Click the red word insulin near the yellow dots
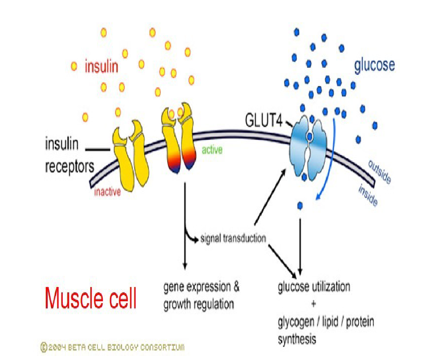(101, 67)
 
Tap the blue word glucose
(374, 65)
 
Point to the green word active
(212, 150)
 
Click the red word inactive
(107, 193)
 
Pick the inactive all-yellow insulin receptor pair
(130, 156)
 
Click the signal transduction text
(233, 239)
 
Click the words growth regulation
(199, 305)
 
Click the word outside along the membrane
(380, 172)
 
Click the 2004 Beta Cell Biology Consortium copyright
(112, 347)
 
